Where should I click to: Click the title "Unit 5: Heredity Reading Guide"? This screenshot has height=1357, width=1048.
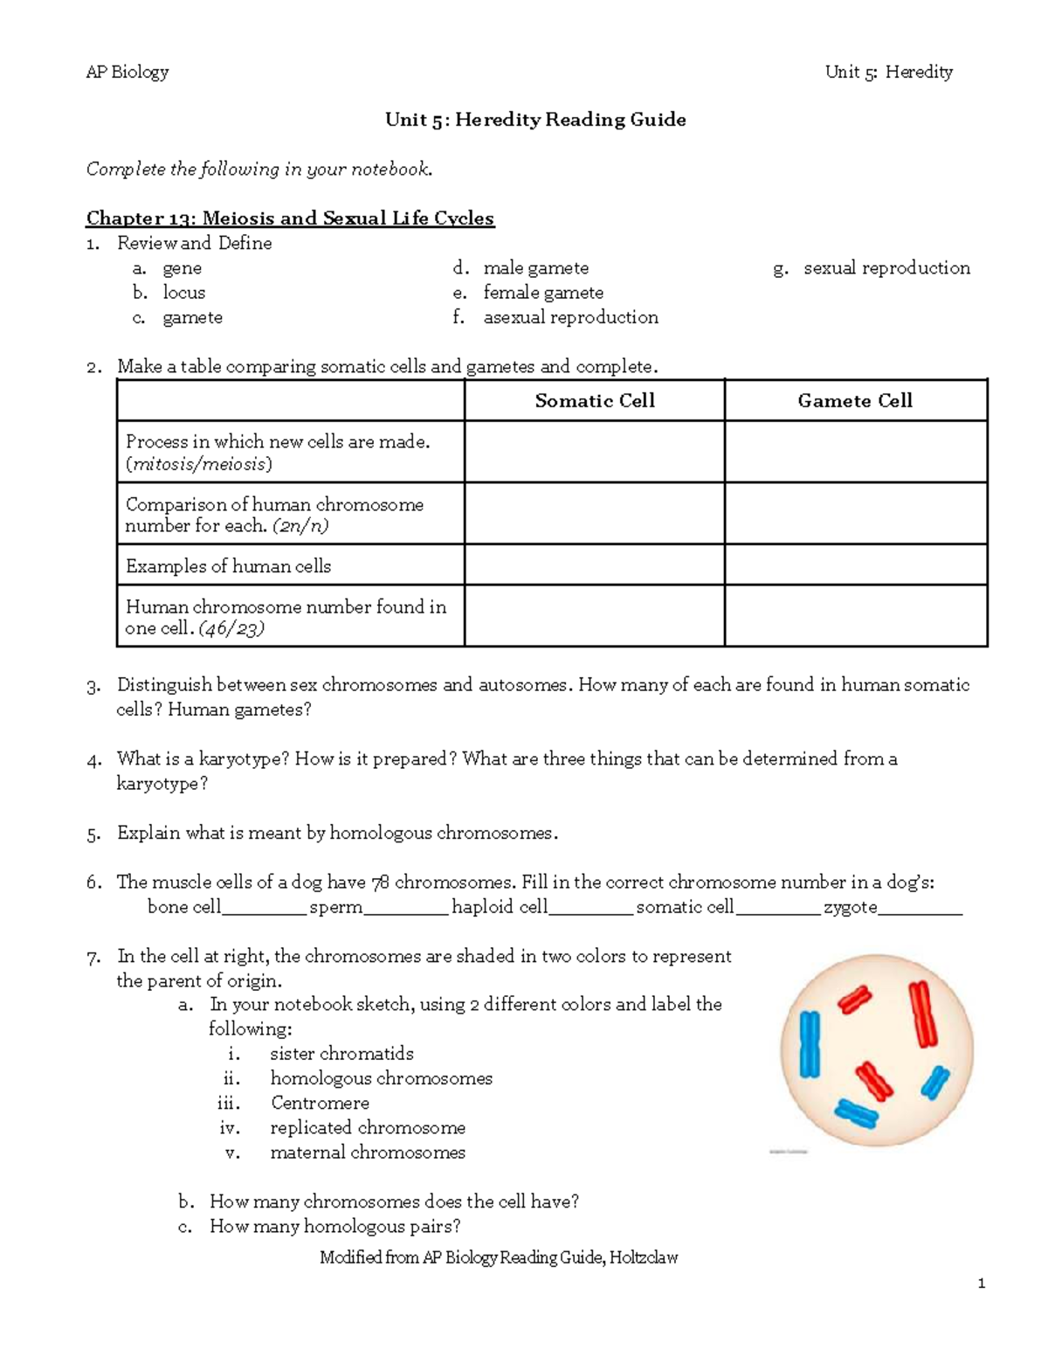tap(534, 120)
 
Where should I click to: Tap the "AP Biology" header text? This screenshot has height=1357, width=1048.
tap(127, 72)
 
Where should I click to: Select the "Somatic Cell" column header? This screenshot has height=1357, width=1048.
tap(594, 400)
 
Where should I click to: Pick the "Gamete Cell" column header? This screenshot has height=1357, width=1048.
tap(854, 400)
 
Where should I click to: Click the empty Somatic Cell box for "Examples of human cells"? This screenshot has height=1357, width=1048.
tap(594, 565)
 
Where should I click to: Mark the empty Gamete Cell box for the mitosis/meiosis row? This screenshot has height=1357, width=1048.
tap(855, 452)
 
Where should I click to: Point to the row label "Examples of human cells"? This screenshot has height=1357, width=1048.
tap(228, 566)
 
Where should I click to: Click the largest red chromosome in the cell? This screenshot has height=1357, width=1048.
tap(922, 1014)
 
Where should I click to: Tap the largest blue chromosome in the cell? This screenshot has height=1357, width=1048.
tap(810, 1044)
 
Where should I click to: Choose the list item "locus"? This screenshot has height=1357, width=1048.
tap(183, 293)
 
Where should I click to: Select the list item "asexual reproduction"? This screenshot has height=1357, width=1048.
tap(570, 317)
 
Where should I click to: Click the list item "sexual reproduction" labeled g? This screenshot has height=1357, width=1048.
tap(886, 268)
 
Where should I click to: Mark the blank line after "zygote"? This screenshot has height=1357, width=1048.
tap(920, 909)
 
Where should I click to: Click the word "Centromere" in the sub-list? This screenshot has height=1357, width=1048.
tap(320, 1103)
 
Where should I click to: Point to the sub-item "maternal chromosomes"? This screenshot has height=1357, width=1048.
tap(367, 1153)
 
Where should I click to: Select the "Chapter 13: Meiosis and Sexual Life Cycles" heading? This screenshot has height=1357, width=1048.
tap(290, 218)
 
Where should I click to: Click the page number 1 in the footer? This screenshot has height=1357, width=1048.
tap(982, 1284)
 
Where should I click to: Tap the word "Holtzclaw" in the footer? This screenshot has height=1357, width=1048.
tap(644, 1257)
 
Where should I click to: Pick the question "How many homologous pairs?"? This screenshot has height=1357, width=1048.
tap(334, 1226)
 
